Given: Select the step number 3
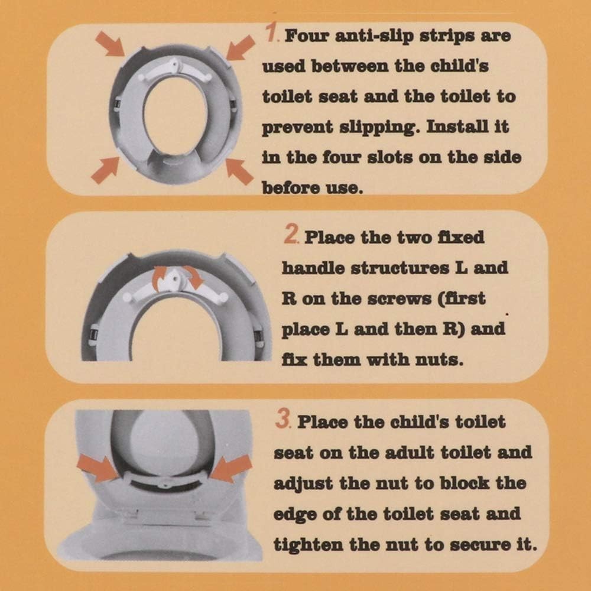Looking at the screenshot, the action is (x=283, y=419).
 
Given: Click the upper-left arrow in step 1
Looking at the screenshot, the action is (x=109, y=44).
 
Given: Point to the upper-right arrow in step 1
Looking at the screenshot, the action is (x=241, y=47).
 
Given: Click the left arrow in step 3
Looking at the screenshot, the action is (x=98, y=469).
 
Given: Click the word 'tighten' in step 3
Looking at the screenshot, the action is (x=309, y=545).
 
